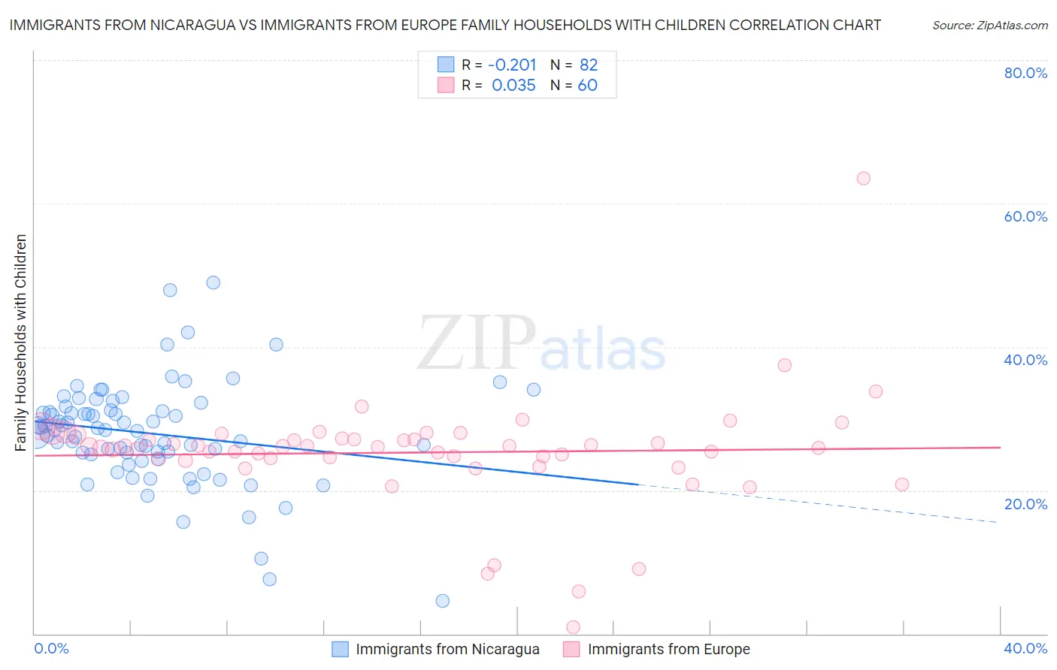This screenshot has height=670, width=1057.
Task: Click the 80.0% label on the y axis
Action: click(x=1025, y=73)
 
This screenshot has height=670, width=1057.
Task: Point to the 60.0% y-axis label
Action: click(x=1025, y=216)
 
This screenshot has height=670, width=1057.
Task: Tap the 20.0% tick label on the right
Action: click(x=1025, y=504)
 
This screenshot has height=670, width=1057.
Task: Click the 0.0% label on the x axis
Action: click(x=51, y=648)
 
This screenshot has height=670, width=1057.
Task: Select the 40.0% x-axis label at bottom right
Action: click(x=1025, y=648)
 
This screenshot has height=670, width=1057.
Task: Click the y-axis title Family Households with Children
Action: click(x=20, y=343)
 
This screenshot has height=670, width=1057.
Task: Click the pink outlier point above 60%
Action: click(x=863, y=178)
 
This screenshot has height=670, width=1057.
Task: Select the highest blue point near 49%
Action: click(x=214, y=282)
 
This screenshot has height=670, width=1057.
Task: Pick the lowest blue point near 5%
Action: click(x=443, y=601)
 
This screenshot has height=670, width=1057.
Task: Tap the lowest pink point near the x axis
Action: click(x=573, y=627)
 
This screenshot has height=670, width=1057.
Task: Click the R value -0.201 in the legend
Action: click(x=513, y=65)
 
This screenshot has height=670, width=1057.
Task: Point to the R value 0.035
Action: click(x=513, y=86)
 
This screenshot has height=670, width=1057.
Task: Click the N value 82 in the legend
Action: click(x=589, y=65)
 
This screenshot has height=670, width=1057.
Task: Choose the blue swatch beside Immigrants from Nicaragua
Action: click(x=340, y=649)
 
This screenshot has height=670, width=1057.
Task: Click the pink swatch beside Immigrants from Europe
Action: click(x=572, y=649)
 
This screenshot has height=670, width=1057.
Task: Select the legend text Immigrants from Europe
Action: click(x=668, y=649)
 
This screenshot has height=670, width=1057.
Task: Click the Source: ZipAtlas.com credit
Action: click(x=989, y=25)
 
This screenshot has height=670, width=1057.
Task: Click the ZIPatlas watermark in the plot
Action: click(x=541, y=344)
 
